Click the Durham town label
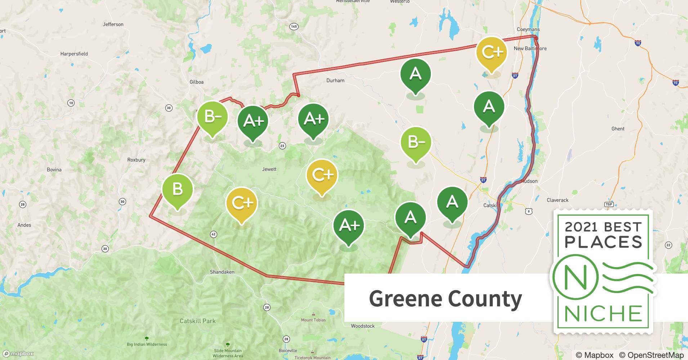click(335, 81)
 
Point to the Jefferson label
click(113, 24)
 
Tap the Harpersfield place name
click(74, 54)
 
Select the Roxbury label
click(136, 160)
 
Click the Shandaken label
click(222, 272)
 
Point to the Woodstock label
click(363, 326)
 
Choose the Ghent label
click(618, 129)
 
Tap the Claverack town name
click(557, 200)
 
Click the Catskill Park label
click(198, 321)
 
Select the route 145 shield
click(294, 27)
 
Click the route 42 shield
click(213, 234)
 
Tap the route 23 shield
click(282, 146)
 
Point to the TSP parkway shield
click(609, 204)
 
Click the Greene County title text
click(445, 299)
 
